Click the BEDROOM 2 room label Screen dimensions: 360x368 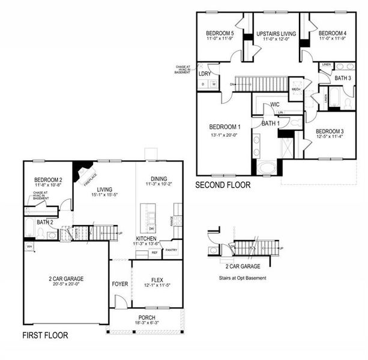pos(48,180)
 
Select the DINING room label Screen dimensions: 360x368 pos(158,179)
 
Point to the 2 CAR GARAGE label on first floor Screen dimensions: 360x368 pos(65,279)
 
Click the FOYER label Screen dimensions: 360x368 pos(120,284)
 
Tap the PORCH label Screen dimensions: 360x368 pos(146,317)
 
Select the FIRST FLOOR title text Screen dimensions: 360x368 pos(45,335)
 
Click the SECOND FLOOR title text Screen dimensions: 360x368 pos(223,185)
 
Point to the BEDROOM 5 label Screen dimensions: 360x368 pos(220,33)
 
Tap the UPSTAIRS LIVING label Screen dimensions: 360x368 pos(276,33)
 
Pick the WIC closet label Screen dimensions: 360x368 pos(275,104)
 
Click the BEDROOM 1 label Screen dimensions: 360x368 pos(225,127)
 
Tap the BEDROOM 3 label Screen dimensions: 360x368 pos(330,131)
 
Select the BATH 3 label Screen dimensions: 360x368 pos(342,79)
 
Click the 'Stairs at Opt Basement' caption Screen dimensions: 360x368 pos(243,278)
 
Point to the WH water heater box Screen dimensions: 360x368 pos(29,247)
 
